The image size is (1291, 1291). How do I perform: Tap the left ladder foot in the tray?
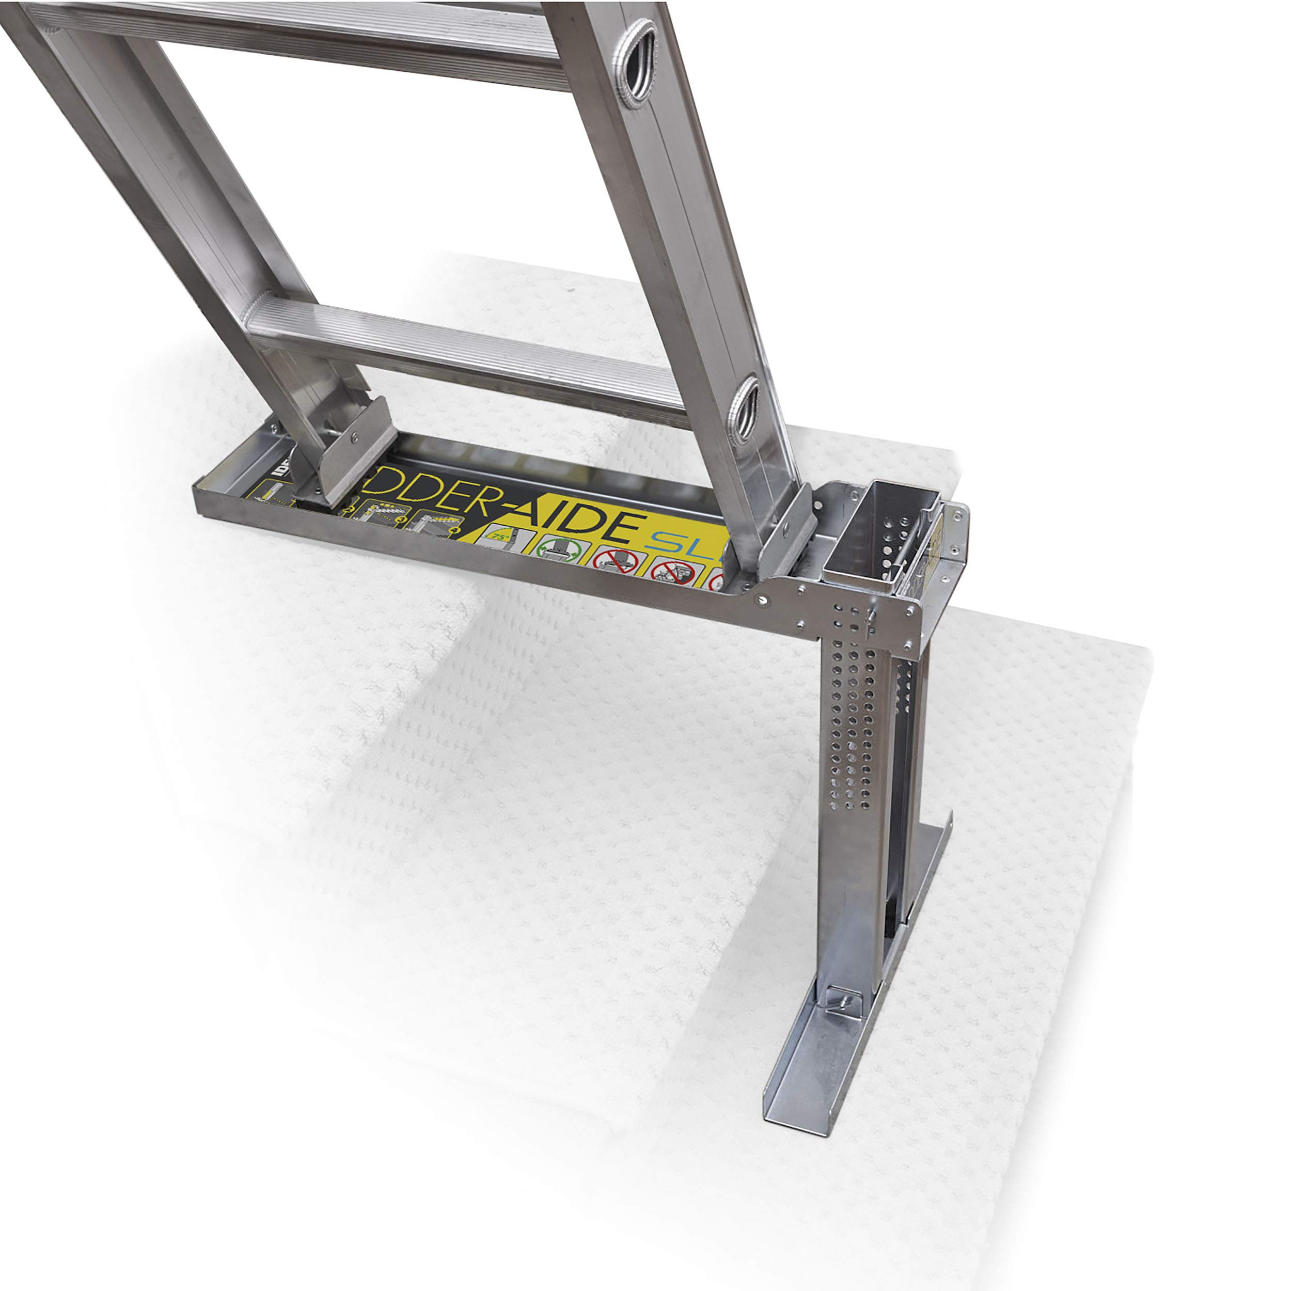click(341, 454)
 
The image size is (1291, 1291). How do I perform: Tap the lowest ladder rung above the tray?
click(468, 361)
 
